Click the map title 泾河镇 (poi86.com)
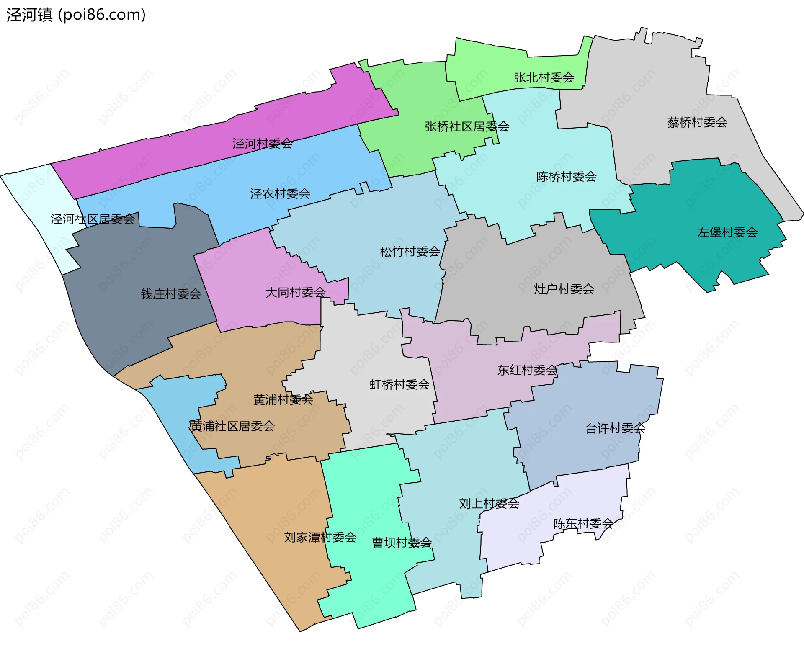(x=76, y=15)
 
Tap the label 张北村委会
(x=544, y=77)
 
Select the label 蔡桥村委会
(x=697, y=122)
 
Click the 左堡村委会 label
(x=727, y=232)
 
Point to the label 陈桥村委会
(x=566, y=177)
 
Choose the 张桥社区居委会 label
(x=466, y=126)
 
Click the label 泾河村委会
(x=262, y=144)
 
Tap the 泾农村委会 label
(x=280, y=194)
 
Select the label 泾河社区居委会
(x=93, y=219)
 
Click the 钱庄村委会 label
(x=171, y=294)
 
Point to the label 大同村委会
(x=295, y=292)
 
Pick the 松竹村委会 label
(x=410, y=252)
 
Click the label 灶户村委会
(x=564, y=289)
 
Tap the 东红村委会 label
(x=527, y=370)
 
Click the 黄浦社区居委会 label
(x=232, y=426)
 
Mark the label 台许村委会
(x=615, y=428)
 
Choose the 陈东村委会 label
(x=583, y=524)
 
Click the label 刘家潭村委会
(x=320, y=537)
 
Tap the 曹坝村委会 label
(x=402, y=543)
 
